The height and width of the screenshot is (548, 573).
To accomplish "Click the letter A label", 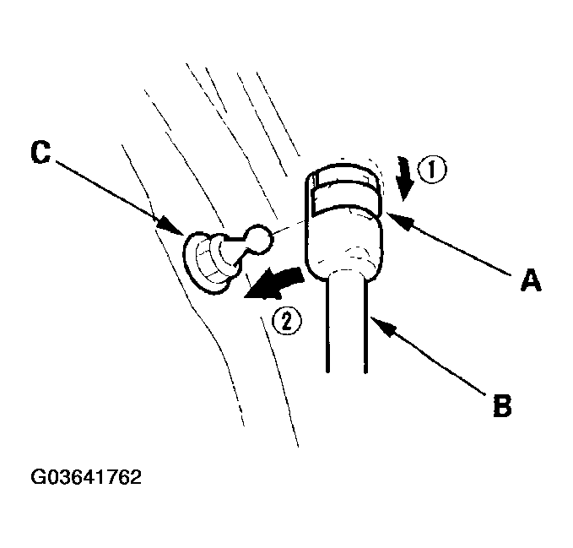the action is pos(531,280).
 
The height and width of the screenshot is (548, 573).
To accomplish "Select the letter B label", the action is pos(502,405).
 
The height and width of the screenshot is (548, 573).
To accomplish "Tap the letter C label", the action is pos(41,152).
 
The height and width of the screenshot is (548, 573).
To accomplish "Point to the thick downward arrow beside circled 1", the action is pos(405,178).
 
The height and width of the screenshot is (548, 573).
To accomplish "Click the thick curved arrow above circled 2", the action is pos(273,284).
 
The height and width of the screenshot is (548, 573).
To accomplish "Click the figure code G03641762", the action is pos(86,477).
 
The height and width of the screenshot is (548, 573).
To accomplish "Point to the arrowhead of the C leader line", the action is pos(171,226).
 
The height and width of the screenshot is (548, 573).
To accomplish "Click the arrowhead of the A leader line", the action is pos(399,221).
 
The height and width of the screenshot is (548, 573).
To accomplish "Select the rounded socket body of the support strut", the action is pos(343,245).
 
